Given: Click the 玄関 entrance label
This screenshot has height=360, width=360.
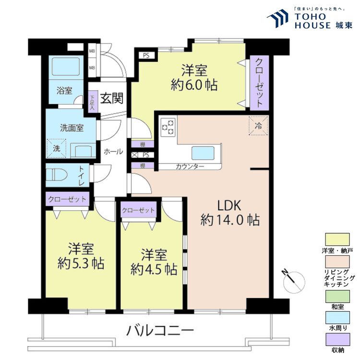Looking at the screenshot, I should (112, 98).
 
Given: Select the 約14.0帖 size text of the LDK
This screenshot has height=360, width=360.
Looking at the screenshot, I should (230, 220).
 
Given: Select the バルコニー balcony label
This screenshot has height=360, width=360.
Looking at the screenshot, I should (160, 331).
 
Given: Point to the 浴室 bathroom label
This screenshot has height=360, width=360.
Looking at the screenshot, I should (64, 90).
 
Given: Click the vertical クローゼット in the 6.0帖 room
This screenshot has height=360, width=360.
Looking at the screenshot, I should (258, 82).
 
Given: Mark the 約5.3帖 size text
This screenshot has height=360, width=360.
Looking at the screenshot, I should (81, 264).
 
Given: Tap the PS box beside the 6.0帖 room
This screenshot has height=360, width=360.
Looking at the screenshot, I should (146, 55).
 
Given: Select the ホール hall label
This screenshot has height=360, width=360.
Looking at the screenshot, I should (113, 152).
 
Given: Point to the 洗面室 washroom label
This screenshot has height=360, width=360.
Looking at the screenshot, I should (72, 128).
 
